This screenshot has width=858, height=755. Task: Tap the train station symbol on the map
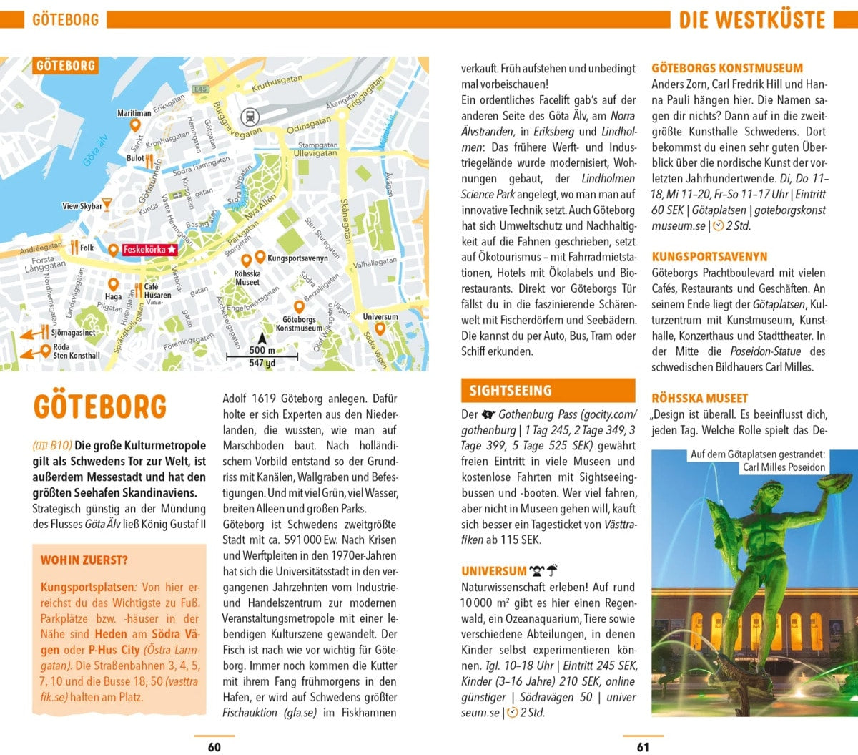[250, 116]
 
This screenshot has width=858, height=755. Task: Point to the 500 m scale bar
[262, 356]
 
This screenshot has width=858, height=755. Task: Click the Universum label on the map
[380, 316]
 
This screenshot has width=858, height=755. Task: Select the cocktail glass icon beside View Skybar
[107, 206]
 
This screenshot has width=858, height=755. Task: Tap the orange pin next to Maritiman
[134, 125]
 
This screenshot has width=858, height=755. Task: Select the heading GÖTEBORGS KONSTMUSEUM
[727, 68]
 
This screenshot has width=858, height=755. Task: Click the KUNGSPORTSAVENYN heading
[709, 256]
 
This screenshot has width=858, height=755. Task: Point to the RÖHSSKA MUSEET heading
[699, 398]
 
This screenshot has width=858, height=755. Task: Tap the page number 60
[214, 747]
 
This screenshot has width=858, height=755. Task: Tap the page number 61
[643, 747]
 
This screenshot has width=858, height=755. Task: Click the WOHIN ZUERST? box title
[84, 560]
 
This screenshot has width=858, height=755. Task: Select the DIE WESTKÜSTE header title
[751, 19]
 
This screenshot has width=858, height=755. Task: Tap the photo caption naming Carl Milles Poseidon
[784, 467]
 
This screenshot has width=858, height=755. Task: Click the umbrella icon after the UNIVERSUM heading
[552, 571]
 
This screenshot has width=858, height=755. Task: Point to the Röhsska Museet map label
[247, 278]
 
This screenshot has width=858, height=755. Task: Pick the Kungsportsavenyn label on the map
[297, 258]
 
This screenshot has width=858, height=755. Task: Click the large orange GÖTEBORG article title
[99, 406]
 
